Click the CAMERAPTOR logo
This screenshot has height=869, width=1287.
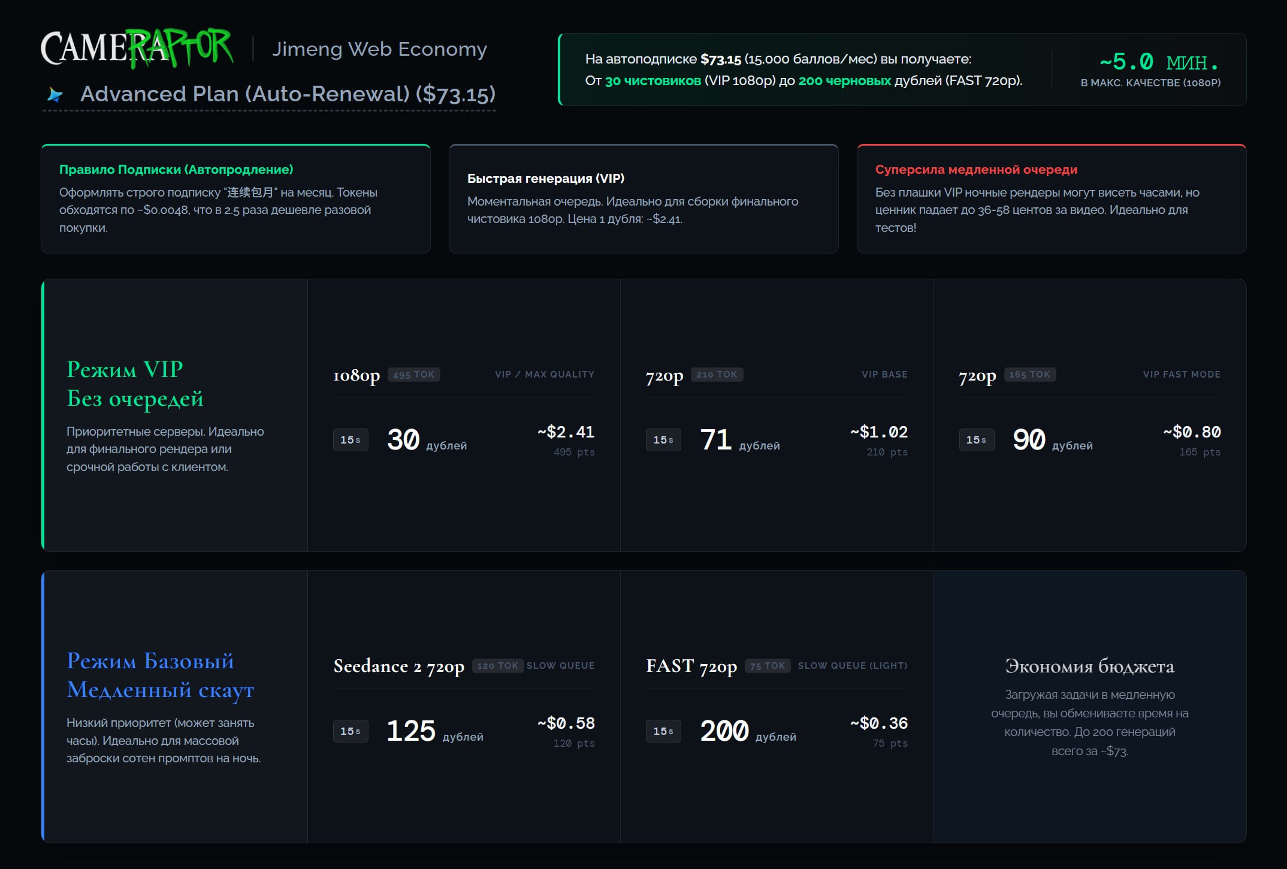pos(137,47)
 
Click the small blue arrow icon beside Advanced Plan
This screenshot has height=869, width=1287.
pos(55,95)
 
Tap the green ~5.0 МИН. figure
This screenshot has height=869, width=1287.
pos(1159,62)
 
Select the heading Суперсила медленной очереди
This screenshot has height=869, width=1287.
pos(976,170)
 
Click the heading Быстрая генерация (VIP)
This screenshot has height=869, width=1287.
pos(546,179)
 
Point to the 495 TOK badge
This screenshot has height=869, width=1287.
pos(414,375)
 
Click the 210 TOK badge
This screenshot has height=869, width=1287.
pos(717,375)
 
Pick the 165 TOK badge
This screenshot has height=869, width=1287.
pos(1030,375)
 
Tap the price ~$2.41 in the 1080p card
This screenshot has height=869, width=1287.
pos(566,432)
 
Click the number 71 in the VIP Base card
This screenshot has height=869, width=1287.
pos(716,439)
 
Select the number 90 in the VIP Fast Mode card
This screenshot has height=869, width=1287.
pos(1029,439)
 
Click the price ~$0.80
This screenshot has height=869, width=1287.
pos(1192,432)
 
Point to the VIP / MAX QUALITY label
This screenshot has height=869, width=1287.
pos(545,375)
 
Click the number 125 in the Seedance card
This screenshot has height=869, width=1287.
pos(411,731)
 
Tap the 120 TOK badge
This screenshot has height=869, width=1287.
pos(498,666)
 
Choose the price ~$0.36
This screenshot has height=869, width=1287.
pos(879,723)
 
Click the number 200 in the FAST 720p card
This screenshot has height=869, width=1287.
pos(724,731)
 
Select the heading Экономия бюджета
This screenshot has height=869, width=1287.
pos(1090,666)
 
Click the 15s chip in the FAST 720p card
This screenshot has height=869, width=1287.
pos(663,731)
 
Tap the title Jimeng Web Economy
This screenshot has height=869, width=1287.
pos(379,49)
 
